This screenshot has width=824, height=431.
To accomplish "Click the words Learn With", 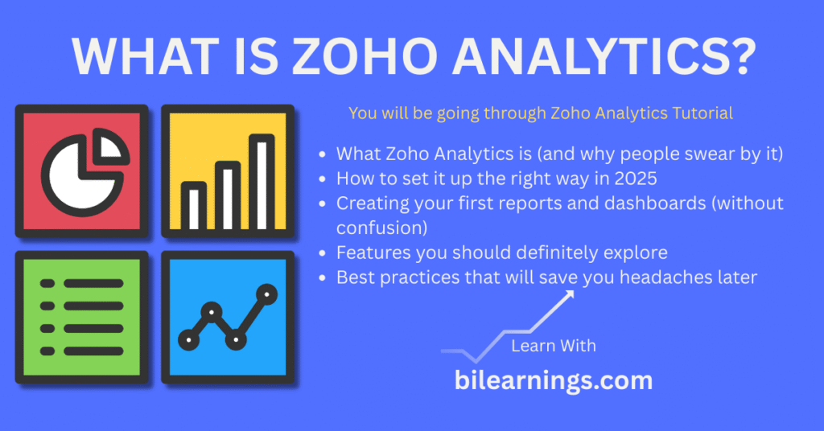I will click(x=553, y=346).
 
